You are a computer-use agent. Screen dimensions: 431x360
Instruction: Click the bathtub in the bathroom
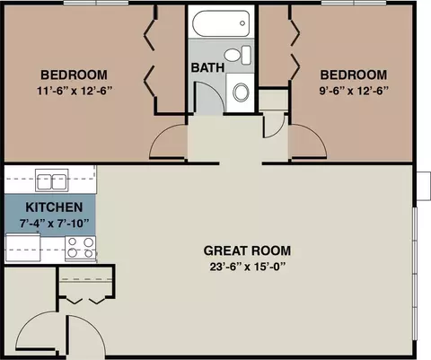221,23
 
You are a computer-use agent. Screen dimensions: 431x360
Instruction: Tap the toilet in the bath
237,55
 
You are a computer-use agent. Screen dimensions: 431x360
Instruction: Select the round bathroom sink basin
241,92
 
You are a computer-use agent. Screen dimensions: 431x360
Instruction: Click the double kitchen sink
52,180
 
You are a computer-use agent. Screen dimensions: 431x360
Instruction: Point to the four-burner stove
81,248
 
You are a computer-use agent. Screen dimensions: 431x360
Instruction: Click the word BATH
207,67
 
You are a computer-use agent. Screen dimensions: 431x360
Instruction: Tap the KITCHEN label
54,207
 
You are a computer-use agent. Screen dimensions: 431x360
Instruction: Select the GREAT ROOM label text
247,250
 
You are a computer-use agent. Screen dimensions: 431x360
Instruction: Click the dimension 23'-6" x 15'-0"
247,267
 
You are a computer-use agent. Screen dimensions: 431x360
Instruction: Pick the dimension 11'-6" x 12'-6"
75,91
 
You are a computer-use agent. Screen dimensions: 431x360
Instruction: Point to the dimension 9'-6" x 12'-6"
354,91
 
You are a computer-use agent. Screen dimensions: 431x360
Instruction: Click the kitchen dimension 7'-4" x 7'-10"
54,223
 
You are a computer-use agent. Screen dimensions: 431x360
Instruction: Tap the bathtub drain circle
242,23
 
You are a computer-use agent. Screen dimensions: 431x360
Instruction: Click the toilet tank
246,55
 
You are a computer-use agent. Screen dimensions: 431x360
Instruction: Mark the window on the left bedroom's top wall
96,3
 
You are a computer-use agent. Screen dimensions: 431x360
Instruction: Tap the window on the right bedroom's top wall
354,3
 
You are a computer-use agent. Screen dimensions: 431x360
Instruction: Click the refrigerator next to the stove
23,248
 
